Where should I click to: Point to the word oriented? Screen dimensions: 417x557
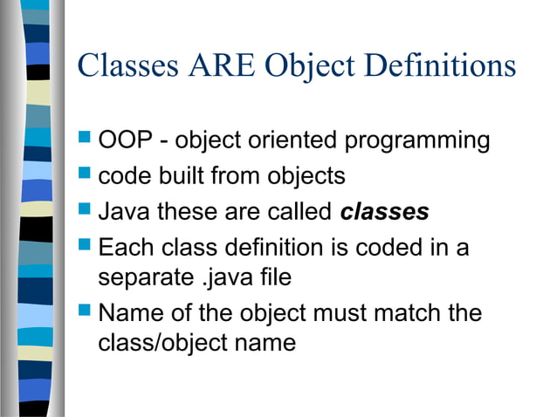292,140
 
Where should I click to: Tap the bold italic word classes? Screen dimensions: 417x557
384,212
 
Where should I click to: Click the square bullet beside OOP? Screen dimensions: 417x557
85,138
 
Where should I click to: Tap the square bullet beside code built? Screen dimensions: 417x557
85,174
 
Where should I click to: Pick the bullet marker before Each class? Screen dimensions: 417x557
85,247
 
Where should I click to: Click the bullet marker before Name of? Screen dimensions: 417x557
85,311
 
